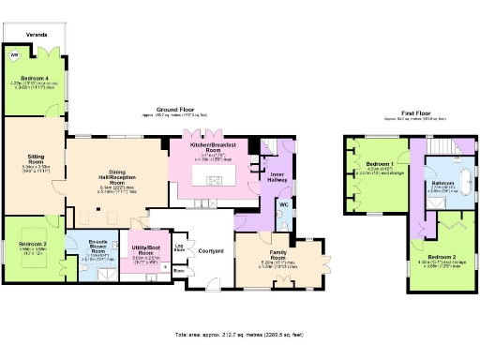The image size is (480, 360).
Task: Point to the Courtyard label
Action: click(x=210, y=251)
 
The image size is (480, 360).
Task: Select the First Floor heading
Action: click(x=409, y=115)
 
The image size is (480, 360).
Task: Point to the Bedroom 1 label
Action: click(x=379, y=164)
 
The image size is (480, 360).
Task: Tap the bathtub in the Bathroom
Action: click(x=442, y=200)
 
